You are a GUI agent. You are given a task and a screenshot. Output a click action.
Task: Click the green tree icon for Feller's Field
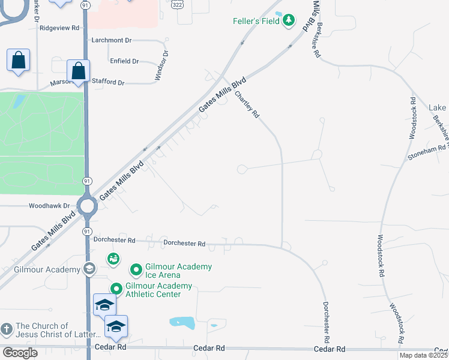[290, 21]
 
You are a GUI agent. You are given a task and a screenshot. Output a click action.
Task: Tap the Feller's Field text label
[258, 21]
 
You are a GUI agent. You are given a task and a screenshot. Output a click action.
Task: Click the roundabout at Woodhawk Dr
[88, 207]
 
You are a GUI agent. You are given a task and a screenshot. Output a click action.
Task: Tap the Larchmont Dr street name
[112, 40]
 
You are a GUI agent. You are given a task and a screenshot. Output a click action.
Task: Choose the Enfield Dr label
[124, 61]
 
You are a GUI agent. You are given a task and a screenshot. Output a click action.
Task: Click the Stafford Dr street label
[108, 82]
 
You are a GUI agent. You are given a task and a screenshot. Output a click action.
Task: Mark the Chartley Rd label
[247, 104]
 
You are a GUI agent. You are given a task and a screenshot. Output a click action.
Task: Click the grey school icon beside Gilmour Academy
[89, 269]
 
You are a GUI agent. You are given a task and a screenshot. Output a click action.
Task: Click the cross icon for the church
[7, 329]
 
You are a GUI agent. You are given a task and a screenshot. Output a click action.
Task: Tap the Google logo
[20, 353]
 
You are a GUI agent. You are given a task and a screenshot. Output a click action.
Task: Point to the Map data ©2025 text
[423, 355]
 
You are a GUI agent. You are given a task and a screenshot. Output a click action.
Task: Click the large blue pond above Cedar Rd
[182, 322]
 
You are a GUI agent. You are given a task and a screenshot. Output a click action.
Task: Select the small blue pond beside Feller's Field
[279, 13]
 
